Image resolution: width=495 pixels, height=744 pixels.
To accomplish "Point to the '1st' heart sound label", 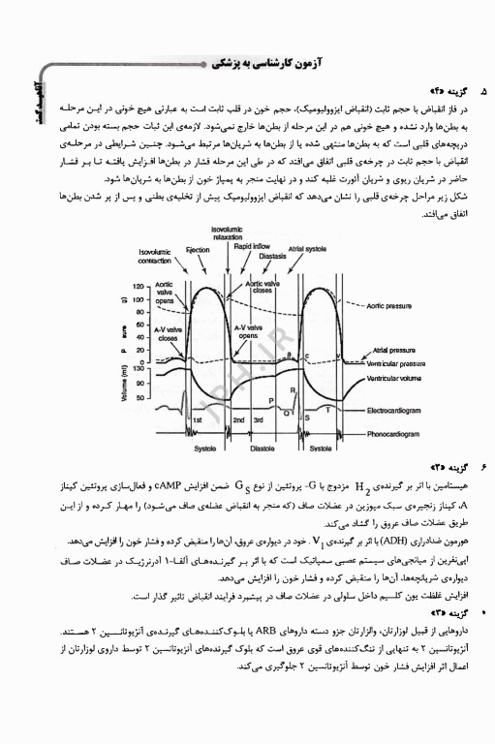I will (x=197, y=420).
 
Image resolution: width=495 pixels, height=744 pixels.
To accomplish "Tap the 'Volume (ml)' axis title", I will (x=125, y=385).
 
